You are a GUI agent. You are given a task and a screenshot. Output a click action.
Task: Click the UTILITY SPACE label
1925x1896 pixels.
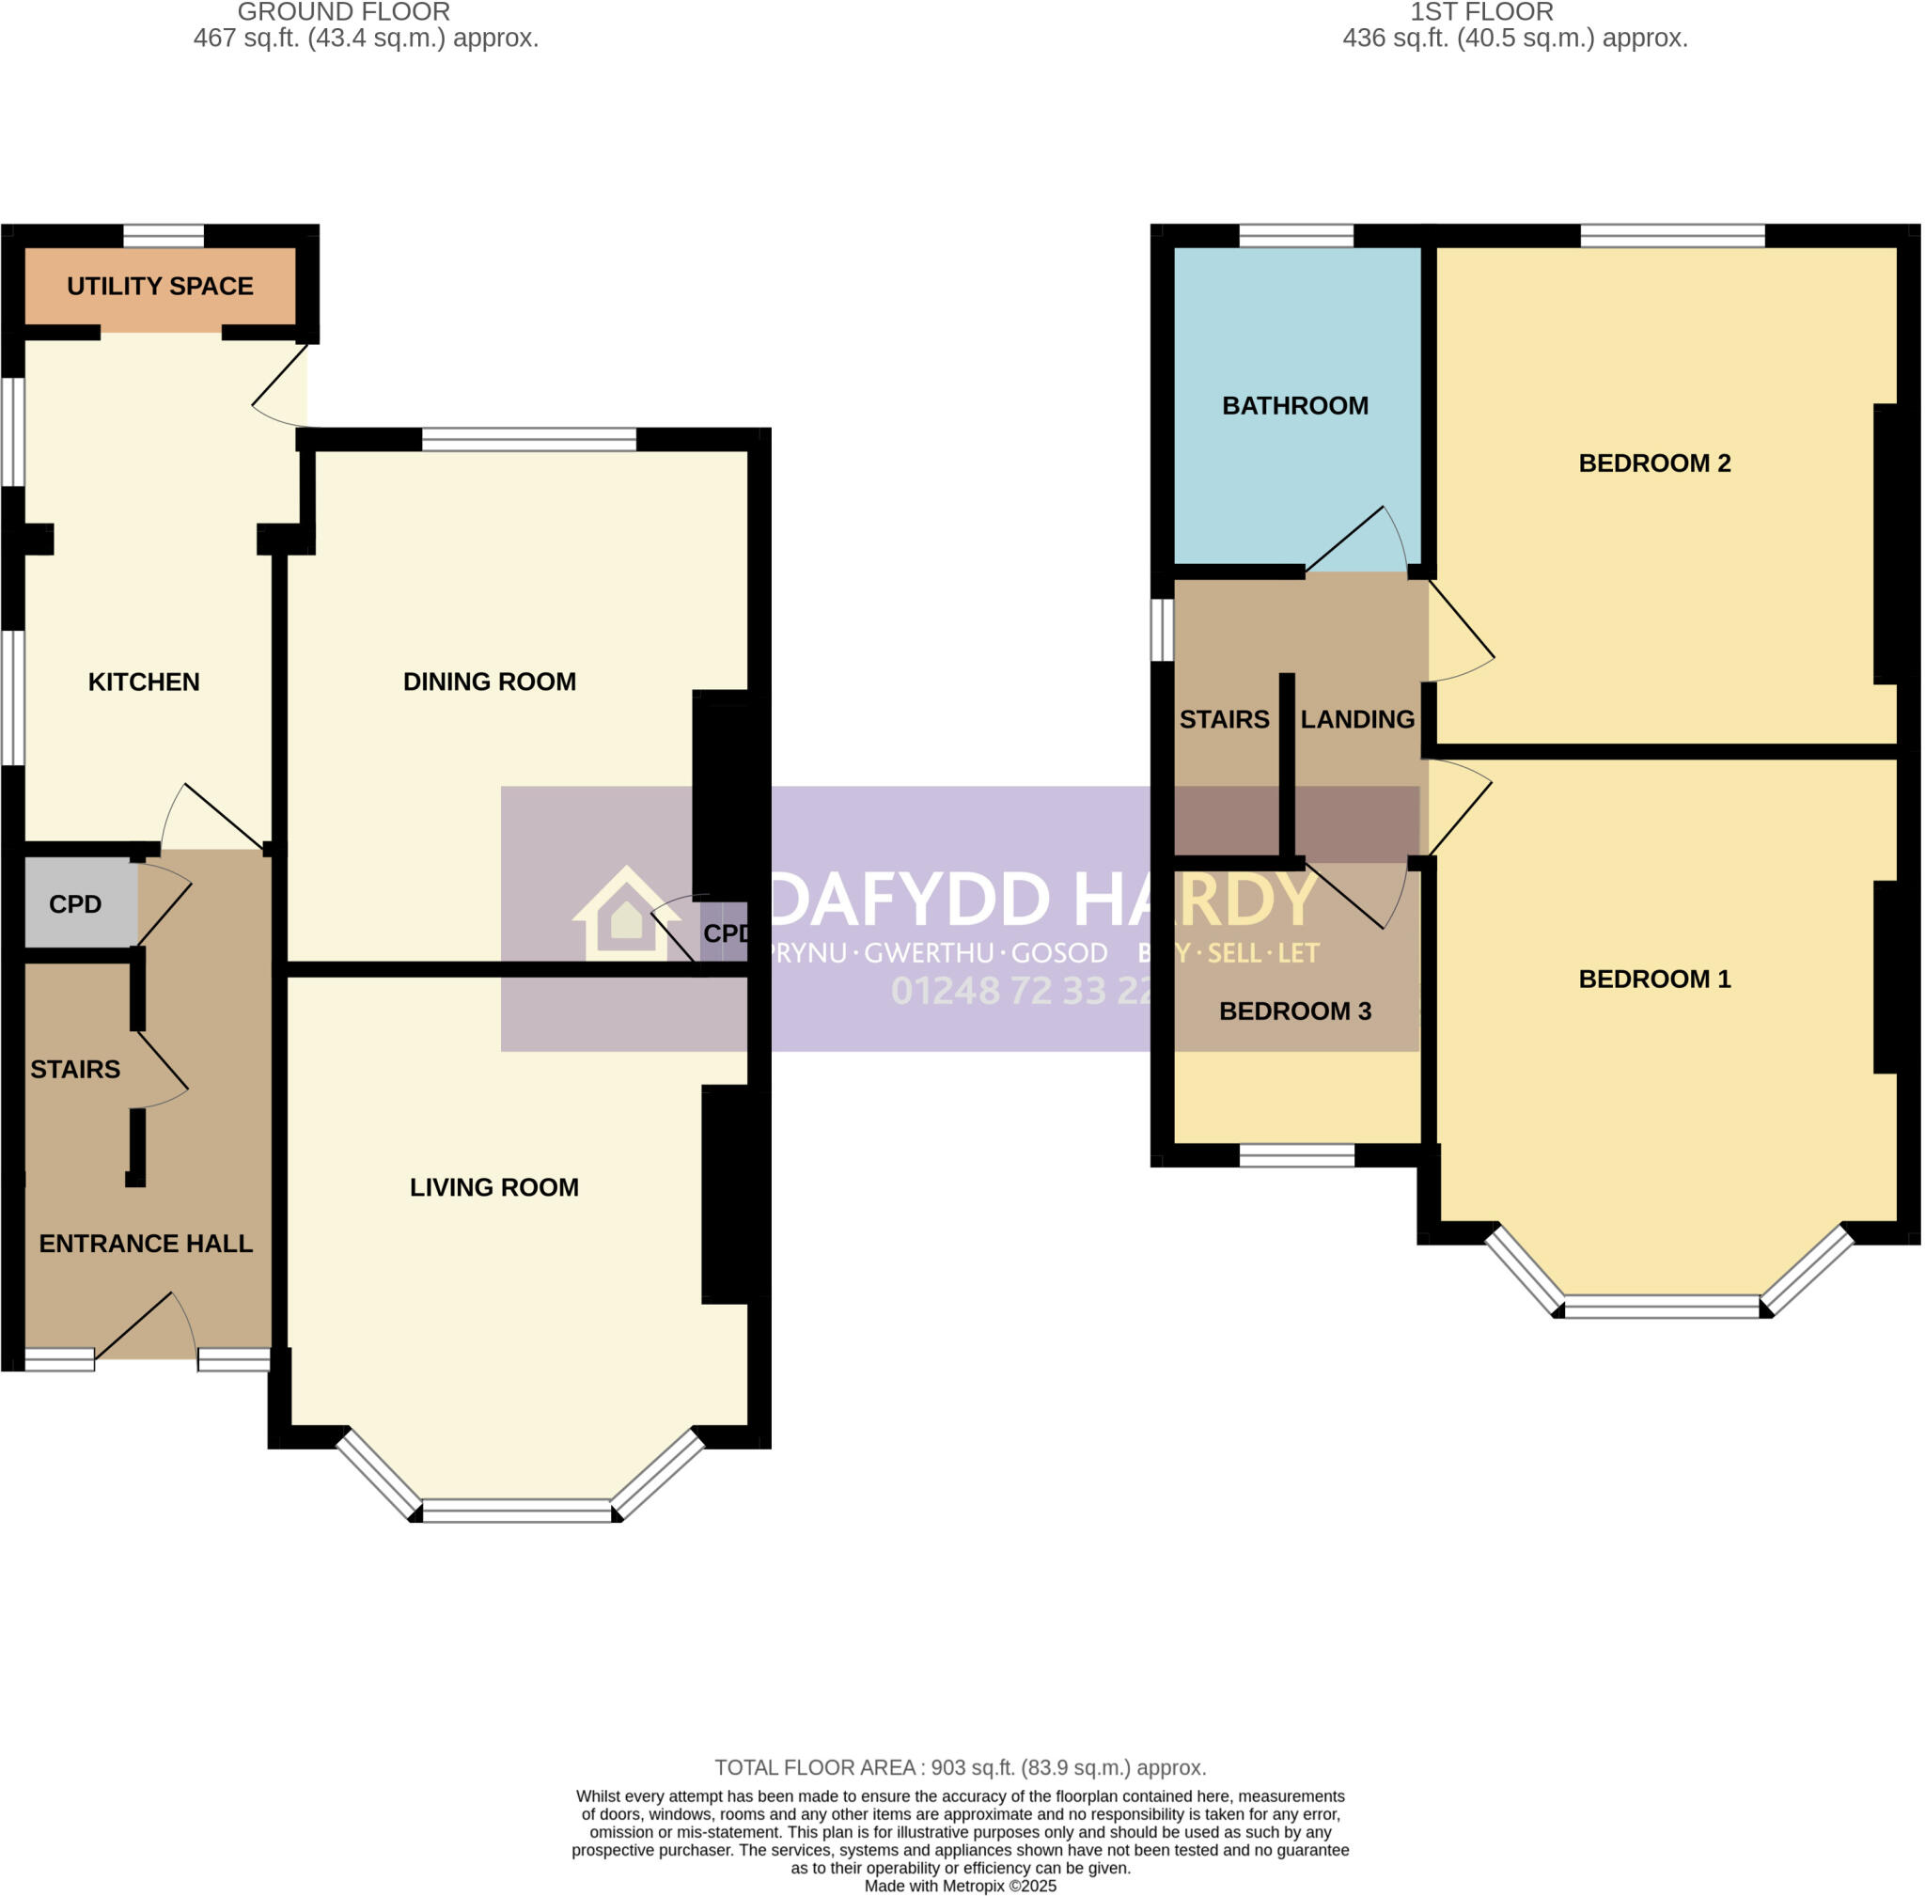pos(160,286)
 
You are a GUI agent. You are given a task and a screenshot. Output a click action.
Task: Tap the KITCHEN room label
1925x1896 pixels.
pos(144,682)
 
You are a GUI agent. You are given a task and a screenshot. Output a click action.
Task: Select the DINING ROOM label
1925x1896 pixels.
pos(489,682)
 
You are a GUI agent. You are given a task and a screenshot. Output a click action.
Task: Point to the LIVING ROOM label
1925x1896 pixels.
pos(494,1187)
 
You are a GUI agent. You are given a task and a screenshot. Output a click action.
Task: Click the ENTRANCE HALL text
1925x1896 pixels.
pos(146,1243)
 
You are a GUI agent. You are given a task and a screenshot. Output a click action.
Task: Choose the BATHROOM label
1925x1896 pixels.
pos(1294,405)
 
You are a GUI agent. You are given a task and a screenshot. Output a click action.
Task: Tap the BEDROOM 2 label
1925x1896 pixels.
pos(1654,463)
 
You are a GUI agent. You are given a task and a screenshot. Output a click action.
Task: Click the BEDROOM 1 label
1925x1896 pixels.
pos(1654,979)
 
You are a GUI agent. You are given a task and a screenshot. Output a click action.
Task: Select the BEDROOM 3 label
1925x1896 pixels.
pos(1294,1011)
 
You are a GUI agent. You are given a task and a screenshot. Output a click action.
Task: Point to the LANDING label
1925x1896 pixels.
pos(1357,719)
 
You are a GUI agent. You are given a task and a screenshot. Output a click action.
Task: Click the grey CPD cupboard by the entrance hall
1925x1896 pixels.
pos(78,904)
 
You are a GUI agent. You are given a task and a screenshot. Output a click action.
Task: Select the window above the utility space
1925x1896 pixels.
pos(164,236)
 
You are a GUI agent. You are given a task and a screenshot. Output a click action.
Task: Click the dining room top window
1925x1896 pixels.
pos(529,439)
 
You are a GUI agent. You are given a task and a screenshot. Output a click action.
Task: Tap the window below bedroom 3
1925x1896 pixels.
pos(1296,1155)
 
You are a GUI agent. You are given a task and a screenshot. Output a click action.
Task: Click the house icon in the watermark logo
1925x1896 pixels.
pos(625,914)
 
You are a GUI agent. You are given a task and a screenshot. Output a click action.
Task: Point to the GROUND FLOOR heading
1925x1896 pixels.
pos(344,12)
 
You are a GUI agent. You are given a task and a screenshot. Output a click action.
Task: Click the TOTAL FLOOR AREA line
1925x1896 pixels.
pos(960,1767)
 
